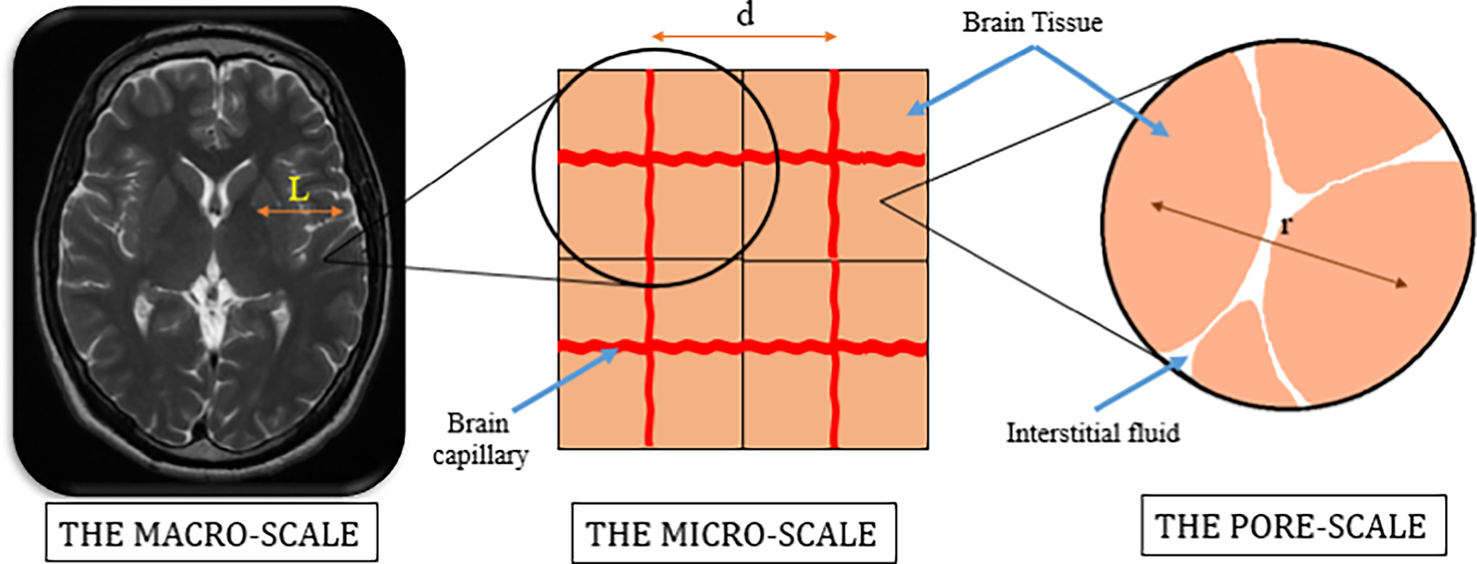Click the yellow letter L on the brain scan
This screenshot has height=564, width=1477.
pyautogui.click(x=298, y=190)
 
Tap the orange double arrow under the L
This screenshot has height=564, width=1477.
pyautogui.click(x=300, y=212)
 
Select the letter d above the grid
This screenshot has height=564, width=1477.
pyautogui.click(x=745, y=14)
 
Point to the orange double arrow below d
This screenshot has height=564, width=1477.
pyautogui.click(x=744, y=37)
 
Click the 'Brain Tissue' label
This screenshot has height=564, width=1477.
pyautogui.click(x=1032, y=22)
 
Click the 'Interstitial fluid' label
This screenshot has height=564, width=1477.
pyautogui.click(x=1092, y=433)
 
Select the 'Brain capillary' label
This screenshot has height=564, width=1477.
pyautogui.click(x=479, y=439)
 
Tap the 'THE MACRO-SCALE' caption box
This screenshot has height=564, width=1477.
pyautogui.click(x=211, y=533)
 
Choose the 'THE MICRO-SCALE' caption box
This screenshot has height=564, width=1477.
pyautogui.click(x=733, y=534)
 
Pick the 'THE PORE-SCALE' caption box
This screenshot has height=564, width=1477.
pyautogui.click(x=1292, y=526)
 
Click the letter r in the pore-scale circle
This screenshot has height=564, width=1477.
pyautogui.click(x=1286, y=225)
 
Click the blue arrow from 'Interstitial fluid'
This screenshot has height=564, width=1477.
pyautogui.click(x=1140, y=383)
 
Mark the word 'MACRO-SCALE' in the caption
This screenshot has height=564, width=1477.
pyautogui.click(x=247, y=534)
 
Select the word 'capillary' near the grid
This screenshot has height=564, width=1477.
pyautogui.click(x=480, y=456)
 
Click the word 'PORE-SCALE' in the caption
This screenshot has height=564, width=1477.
pyautogui.click(x=1334, y=527)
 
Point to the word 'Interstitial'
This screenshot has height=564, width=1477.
pyautogui.click(x=1061, y=433)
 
